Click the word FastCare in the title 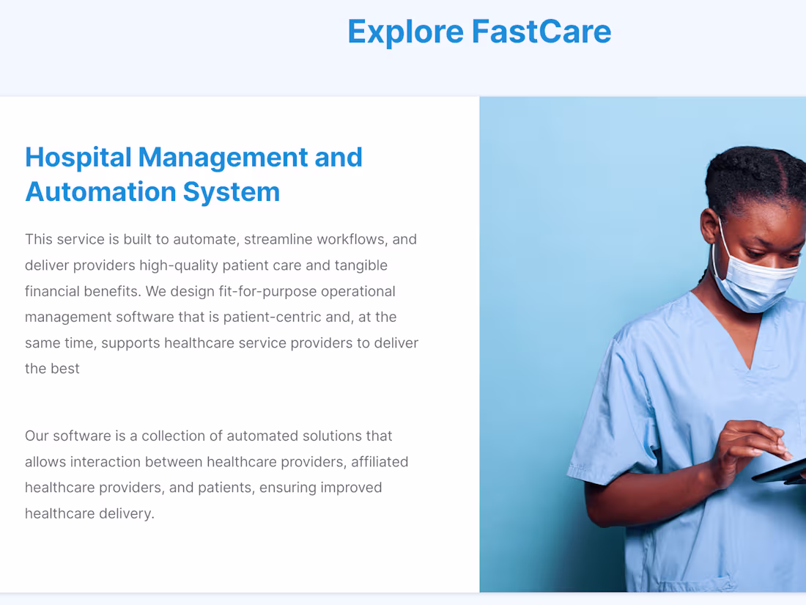541,32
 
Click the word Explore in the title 404,32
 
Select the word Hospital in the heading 78,158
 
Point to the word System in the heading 232,192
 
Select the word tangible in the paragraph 361,265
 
